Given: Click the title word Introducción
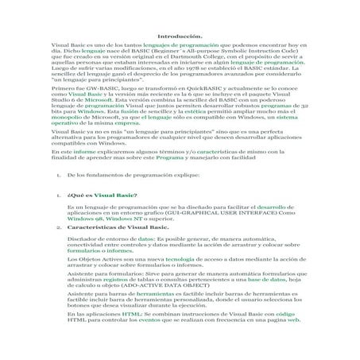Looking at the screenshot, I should point(180,37).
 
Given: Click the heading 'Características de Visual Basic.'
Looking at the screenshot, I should point(118,227).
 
